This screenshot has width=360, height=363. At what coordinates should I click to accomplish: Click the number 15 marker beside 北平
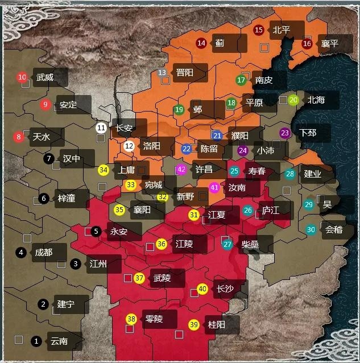(x=259, y=30)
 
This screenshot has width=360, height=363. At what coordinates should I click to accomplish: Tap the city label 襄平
(x=329, y=43)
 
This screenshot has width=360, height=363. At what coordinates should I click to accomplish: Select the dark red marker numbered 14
(x=201, y=43)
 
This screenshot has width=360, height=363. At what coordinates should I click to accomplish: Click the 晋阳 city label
(x=184, y=73)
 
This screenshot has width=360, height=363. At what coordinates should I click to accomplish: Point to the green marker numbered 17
(x=241, y=80)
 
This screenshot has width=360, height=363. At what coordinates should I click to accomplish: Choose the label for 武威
(x=45, y=77)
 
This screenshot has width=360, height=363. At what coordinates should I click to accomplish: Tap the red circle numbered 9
(x=45, y=105)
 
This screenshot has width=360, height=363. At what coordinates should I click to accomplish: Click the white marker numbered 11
(x=101, y=128)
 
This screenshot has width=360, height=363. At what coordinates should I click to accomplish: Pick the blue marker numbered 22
(x=187, y=148)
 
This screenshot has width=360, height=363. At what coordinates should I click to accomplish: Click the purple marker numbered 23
(x=285, y=133)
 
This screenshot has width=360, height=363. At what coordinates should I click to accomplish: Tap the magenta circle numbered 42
(x=181, y=170)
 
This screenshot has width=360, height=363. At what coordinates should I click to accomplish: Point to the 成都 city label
(x=43, y=253)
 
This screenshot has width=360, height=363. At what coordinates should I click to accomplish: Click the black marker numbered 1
(x=36, y=341)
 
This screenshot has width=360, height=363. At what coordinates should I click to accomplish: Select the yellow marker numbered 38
(x=131, y=319)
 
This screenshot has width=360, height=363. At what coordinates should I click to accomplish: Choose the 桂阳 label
(x=217, y=325)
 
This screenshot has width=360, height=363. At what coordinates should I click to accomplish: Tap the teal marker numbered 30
(x=311, y=230)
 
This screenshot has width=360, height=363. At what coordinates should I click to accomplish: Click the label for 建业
(x=313, y=174)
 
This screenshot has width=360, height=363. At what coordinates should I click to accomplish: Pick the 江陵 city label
(x=184, y=244)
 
